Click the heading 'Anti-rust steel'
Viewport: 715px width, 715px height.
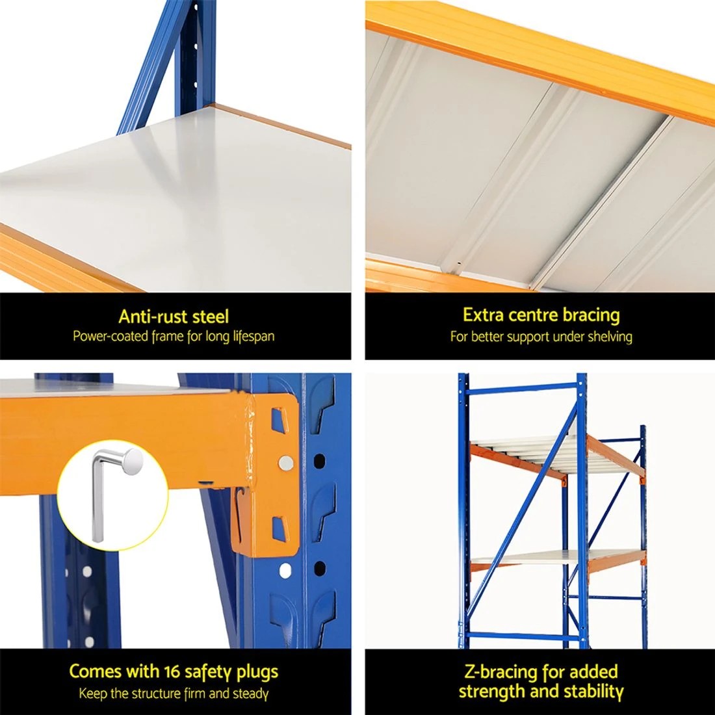174,317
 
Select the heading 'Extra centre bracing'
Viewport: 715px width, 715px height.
541,315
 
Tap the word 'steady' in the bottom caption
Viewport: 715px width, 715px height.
250,694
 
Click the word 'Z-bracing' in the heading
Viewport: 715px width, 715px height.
496,671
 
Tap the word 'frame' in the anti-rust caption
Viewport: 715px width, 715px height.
170,337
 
